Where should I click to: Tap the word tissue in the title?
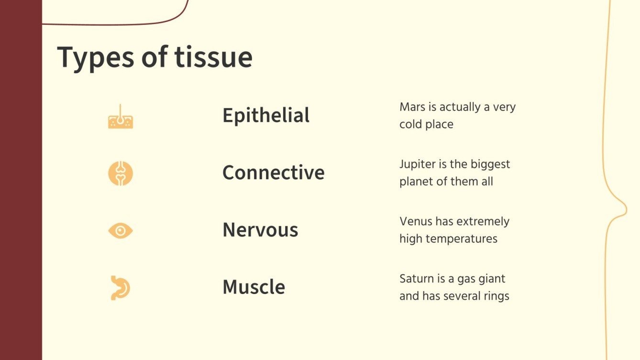(x=213, y=57)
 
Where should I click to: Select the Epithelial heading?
(x=266, y=115)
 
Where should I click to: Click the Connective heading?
(x=273, y=173)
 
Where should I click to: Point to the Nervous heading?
(x=260, y=230)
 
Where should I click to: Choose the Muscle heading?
(x=254, y=287)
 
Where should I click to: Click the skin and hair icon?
(x=121, y=117)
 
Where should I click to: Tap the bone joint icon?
(x=121, y=174)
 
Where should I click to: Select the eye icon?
(x=121, y=231)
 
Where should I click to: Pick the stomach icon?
(x=120, y=288)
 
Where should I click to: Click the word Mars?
(x=411, y=107)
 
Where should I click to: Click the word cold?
(x=410, y=124)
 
